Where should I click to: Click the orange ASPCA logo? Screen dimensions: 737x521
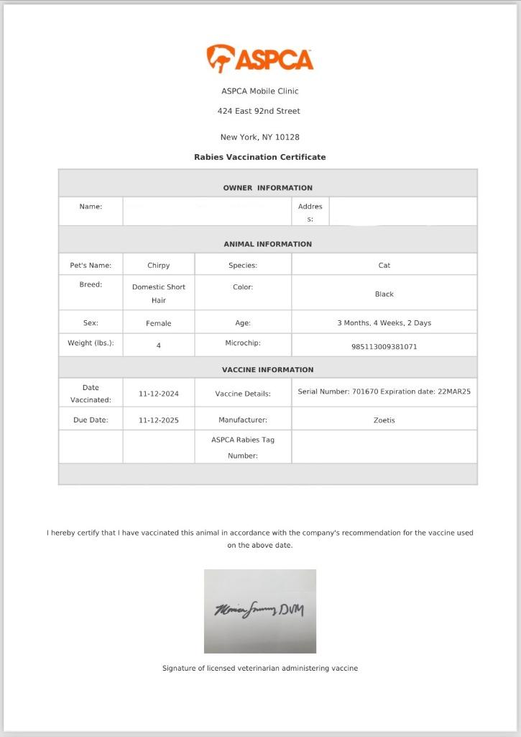(260, 59)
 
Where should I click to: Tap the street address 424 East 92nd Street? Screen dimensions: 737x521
(259, 111)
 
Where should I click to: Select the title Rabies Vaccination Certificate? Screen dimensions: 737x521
(259, 157)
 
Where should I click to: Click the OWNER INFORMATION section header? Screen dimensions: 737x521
(267, 188)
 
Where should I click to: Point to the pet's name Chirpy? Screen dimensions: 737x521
(158, 266)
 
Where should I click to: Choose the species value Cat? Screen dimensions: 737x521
(384, 266)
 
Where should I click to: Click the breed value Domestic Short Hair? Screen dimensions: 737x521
(158, 293)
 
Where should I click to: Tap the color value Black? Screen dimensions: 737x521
(384, 294)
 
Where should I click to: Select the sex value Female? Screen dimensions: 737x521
(158, 324)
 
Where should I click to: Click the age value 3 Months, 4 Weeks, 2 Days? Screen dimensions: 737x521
(384, 323)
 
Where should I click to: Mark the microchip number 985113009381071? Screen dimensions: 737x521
(384, 347)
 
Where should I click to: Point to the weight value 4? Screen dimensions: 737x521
(159, 346)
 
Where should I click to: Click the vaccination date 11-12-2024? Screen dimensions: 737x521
(159, 394)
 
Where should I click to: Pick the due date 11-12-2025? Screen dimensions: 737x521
(159, 420)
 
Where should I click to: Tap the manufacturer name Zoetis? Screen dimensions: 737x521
(384, 420)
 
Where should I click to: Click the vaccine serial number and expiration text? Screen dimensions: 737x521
(384, 392)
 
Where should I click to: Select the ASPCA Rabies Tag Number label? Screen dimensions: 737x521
(243, 447)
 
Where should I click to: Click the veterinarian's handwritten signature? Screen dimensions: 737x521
(259, 611)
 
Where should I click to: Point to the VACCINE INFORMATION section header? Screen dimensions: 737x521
(267, 370)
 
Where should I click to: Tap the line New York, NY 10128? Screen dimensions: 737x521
(259, 137)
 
